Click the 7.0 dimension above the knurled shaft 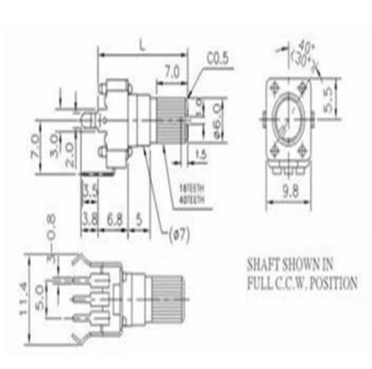point(171,69)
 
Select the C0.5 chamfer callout point(218,60)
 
